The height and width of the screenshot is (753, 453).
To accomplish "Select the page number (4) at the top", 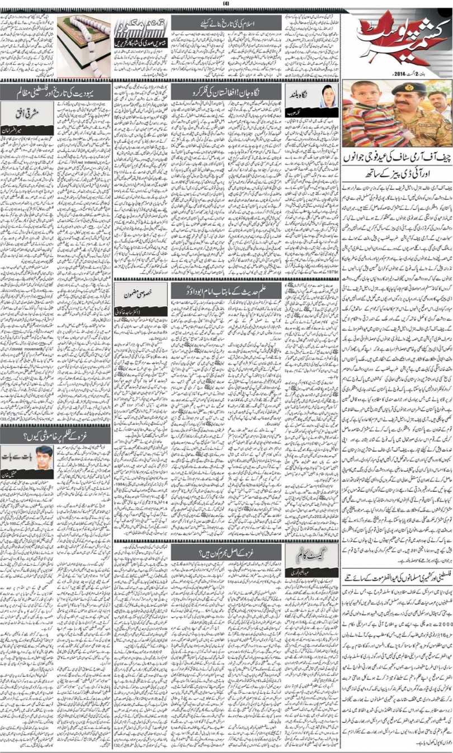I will click(226, 3).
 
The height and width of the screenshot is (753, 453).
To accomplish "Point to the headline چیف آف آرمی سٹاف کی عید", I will click(398, 161).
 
